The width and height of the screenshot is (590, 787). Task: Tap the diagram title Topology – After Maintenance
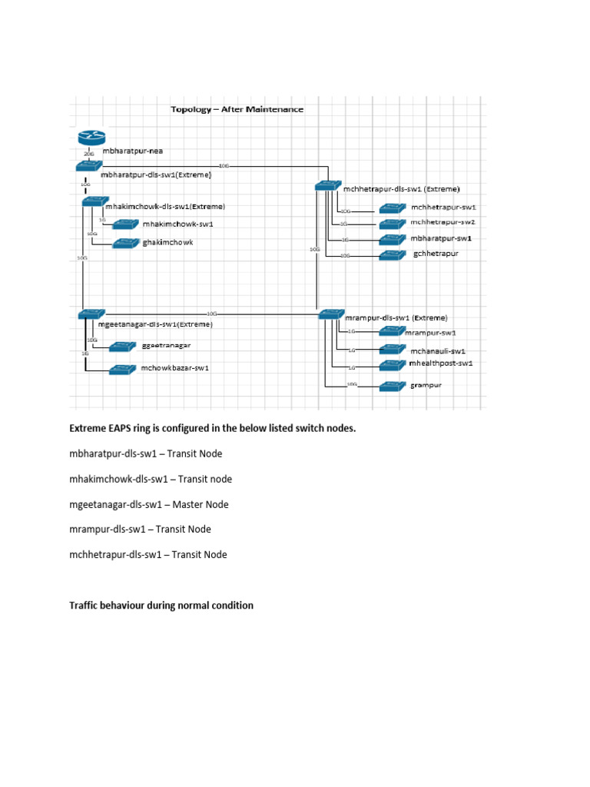(237, 109)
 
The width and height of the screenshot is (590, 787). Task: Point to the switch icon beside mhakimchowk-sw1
(124, 224)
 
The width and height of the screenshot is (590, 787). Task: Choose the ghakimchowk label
(167, 242)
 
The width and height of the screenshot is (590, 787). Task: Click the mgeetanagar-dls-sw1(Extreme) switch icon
(89, 314)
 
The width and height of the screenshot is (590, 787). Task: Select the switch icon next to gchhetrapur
(392, 255)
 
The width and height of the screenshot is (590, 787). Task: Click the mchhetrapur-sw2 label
(443, 222)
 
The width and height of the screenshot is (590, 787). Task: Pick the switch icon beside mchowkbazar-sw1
(123, 369)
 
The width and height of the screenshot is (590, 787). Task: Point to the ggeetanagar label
(166, 346)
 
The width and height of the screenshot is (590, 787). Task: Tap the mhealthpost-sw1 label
(441, 363)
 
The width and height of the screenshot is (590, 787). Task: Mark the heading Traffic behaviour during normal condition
(161, 606)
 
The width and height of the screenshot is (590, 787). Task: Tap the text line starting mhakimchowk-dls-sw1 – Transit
(151, 480)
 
